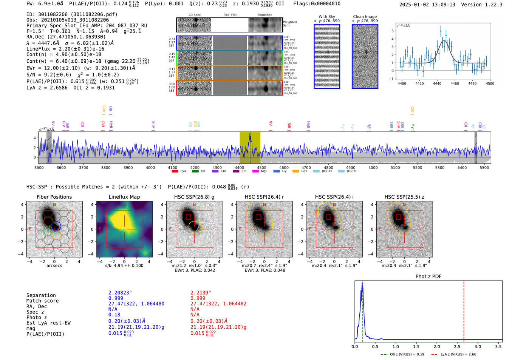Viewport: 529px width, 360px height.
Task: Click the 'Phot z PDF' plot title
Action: point(428,277)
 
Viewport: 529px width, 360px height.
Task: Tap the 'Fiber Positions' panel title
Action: point(54,197)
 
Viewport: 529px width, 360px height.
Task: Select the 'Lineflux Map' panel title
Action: point(124,197)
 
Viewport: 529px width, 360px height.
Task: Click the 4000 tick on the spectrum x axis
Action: point(150,168)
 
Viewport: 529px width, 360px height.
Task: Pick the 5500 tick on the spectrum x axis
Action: point(484,168)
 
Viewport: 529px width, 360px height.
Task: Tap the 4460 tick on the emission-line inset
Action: point(455,83)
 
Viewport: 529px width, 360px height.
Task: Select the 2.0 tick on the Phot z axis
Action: point(437,346)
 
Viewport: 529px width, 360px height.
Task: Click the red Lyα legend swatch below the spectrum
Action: point(175,172)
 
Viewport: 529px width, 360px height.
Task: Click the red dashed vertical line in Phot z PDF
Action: point(464,310)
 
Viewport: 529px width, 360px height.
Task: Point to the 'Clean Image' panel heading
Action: point(365,17)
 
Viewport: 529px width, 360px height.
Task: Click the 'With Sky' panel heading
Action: point(326,17)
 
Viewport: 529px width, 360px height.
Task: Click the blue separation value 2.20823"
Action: point(120,293)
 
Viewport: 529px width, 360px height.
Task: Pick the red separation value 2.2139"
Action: point(201,293)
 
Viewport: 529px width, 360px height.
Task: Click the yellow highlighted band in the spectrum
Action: point(250,147)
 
